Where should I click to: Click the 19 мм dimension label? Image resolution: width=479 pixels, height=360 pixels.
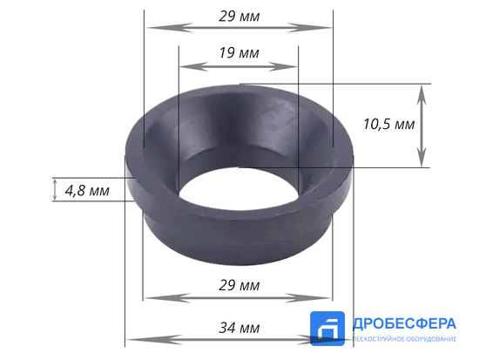click(x=238, y=53)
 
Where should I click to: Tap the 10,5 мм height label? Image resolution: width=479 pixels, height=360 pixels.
click(x=387, y=125)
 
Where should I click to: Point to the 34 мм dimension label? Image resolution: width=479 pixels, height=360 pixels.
click(x=238, y=328)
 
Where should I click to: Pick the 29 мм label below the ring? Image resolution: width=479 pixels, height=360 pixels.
click(x=238, y=286)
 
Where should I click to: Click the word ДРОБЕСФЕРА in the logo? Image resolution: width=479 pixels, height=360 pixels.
click(x=404, y=324)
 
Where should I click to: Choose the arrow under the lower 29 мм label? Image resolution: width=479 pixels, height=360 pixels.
click(x=238, y=298)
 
